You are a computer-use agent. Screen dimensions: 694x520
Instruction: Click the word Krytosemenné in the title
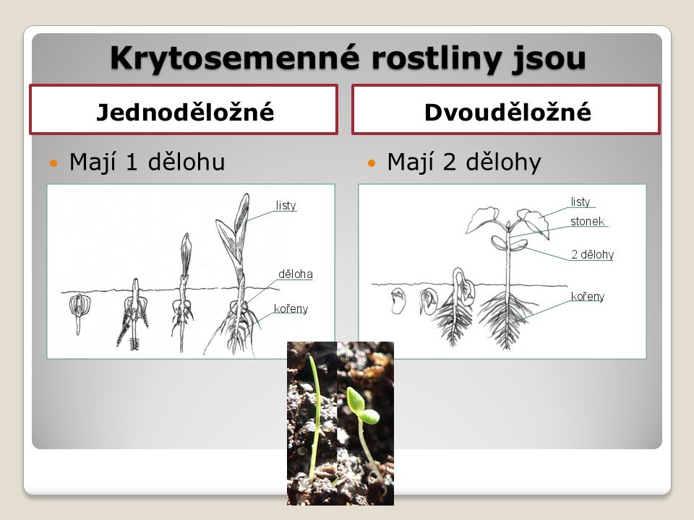(x=234, y=58)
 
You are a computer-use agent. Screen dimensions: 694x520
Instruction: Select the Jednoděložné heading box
(x=184, y=109)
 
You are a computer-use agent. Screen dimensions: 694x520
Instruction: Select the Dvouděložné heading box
(x=506, y=109)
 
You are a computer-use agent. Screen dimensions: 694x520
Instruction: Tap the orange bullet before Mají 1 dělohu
(x=53, y=163)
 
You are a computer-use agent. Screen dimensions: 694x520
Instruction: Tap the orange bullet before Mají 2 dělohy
(x=372, y=163)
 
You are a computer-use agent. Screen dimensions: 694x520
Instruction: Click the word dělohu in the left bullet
(x=187, y=161)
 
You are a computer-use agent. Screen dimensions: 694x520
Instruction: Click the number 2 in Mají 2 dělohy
(x=449, y=162)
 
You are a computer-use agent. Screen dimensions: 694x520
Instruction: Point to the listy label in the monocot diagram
(x=286, y=205)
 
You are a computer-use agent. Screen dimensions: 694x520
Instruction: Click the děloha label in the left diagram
(x=295, y=274)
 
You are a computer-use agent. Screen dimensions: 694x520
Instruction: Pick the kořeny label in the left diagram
(x=291, y=308)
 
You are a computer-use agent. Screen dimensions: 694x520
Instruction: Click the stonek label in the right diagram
(x=587, y=221)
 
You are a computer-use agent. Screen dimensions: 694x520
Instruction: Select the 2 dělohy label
(x=592, y=255)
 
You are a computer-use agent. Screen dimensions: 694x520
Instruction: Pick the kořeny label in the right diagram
(x=587, y=296)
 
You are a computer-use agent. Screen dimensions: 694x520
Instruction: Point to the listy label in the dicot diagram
(x=581, y=201)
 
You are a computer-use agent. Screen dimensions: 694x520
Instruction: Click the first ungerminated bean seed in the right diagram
(x=398, y=300)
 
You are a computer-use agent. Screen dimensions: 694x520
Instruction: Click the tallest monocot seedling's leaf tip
(x=246, y=194)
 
